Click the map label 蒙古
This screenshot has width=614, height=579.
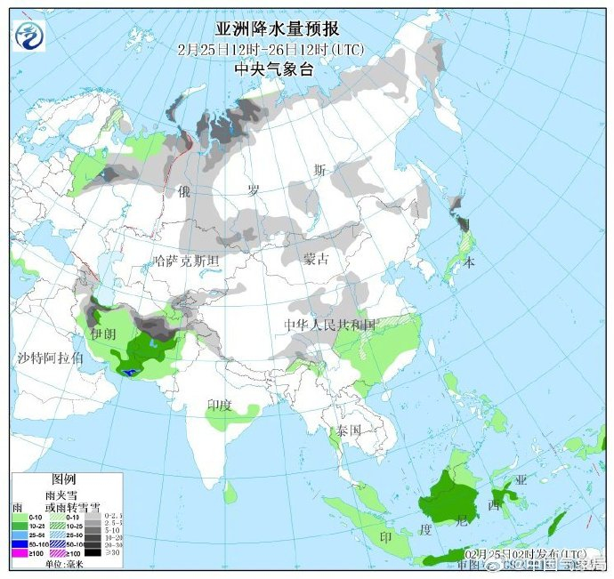[x=316, y=259]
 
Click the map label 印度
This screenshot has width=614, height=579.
[x=220, y=404]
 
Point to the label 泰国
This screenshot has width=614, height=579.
[x=348, y=430]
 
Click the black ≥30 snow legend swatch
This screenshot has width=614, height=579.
[x=92, y=551]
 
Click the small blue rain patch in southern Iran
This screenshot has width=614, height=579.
[x=130, y=372]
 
